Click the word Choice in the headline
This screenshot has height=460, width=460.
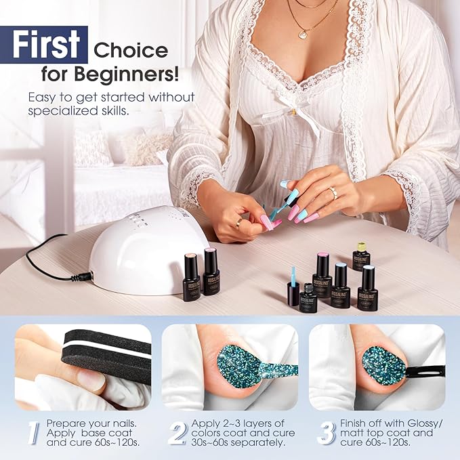(x=131, y=50)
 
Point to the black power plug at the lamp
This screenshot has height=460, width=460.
(x=84, y=276)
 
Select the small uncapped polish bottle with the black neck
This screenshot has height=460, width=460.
(x=309, y=299)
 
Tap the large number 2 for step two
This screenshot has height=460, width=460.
(x=177, y=434)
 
